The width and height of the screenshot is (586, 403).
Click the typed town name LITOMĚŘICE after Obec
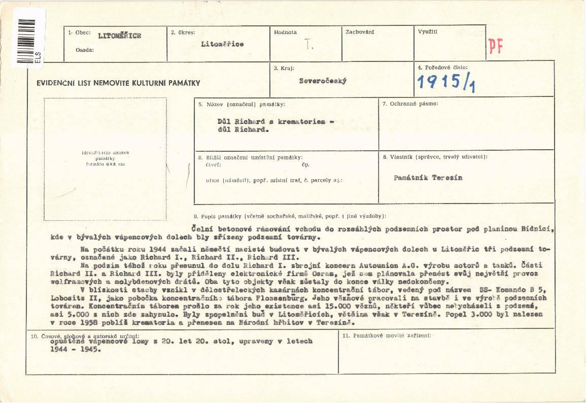[120, 36]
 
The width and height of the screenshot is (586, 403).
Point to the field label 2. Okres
[183, 32]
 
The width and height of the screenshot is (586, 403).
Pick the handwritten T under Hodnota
[309, 45]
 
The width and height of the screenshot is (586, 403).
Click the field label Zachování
[360, 32]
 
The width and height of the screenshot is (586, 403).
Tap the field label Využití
[427, 32]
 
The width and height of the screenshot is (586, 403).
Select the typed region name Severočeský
[323, 81]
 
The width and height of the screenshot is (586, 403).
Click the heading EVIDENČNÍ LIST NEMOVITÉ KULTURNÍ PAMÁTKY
[118, 83]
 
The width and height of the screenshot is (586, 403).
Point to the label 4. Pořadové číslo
[442, 68]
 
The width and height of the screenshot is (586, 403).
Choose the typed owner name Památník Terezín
[428, 178]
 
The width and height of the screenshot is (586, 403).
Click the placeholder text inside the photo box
[105, 158]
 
